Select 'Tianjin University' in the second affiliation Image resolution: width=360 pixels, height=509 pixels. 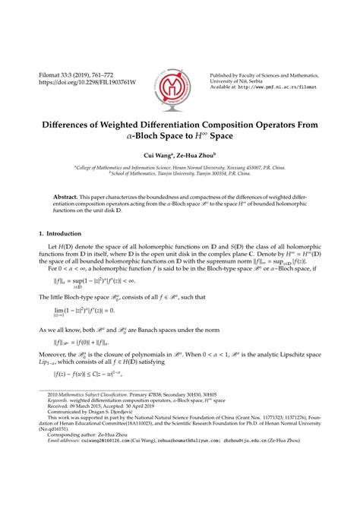pyautogui.click(x=165, y=173)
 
